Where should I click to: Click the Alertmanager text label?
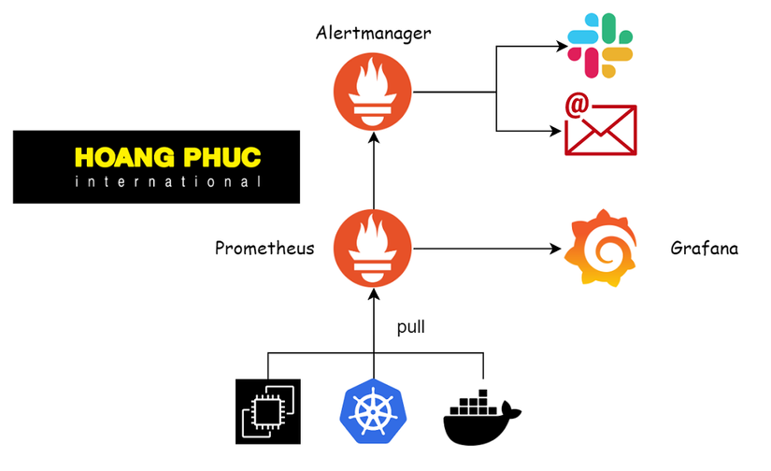pyautogui.click(x=374, y=34)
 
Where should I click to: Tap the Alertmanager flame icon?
pyautogui.click(x=374, y=92)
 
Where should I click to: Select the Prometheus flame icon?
pyautogui.click(x=374, y=249)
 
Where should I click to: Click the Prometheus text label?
pyautogui.click(x=264, y=249)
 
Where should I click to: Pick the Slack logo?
pyautogui.click(x=603, y=45)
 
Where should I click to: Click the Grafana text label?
pyautogui.click(x=705, y=249)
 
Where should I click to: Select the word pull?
pyautogui.click(x=412, y=327)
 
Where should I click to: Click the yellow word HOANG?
pyautogui.click(x=122, y=157)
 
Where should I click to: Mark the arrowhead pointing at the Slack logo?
pyautogui.click(x=562, y=45)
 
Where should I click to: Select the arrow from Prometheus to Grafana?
pyautogui.click(x=486, y=249)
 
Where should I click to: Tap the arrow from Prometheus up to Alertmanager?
pyautogui.click(x=374, y=173)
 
